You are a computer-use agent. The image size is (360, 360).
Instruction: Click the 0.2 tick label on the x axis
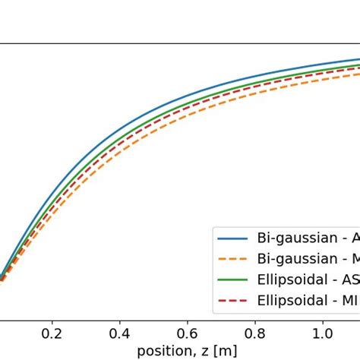52,333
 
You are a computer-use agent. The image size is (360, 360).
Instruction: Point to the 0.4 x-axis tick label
119,333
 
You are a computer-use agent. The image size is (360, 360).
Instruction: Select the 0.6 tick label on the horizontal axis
187,333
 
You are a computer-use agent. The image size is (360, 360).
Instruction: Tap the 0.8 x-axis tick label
254,333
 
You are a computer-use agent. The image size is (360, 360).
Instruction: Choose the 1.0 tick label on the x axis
322,333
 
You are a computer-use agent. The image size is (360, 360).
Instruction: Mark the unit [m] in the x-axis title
226,350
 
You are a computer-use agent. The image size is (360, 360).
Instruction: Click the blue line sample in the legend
233,238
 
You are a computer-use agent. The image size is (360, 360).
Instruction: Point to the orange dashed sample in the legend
233,259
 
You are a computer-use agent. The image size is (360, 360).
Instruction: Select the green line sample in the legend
233,280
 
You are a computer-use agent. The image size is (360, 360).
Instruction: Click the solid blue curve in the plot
152,111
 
